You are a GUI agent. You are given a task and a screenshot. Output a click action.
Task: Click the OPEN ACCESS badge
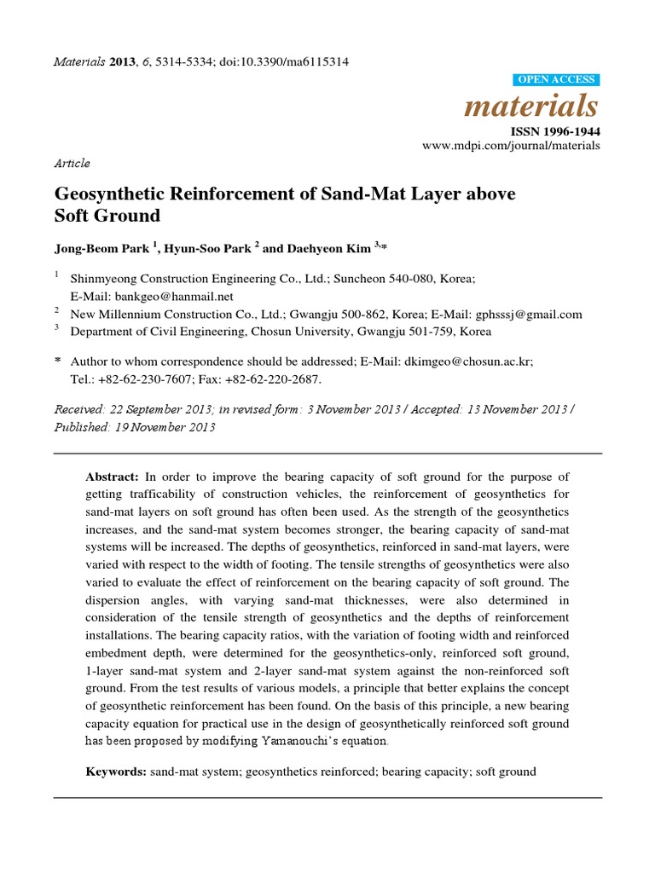click(x=558, y=80)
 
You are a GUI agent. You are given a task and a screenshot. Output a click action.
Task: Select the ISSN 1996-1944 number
click(x=554, y=132)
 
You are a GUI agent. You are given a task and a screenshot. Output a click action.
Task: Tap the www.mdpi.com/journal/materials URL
click(x=512, y=146)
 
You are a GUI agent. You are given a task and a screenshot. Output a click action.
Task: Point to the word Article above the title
click(x=72, y=163)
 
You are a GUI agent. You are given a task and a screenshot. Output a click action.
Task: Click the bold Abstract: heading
click(x=113, y=477)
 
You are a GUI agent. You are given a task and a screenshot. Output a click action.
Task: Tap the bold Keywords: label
click(x=116, y=772)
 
